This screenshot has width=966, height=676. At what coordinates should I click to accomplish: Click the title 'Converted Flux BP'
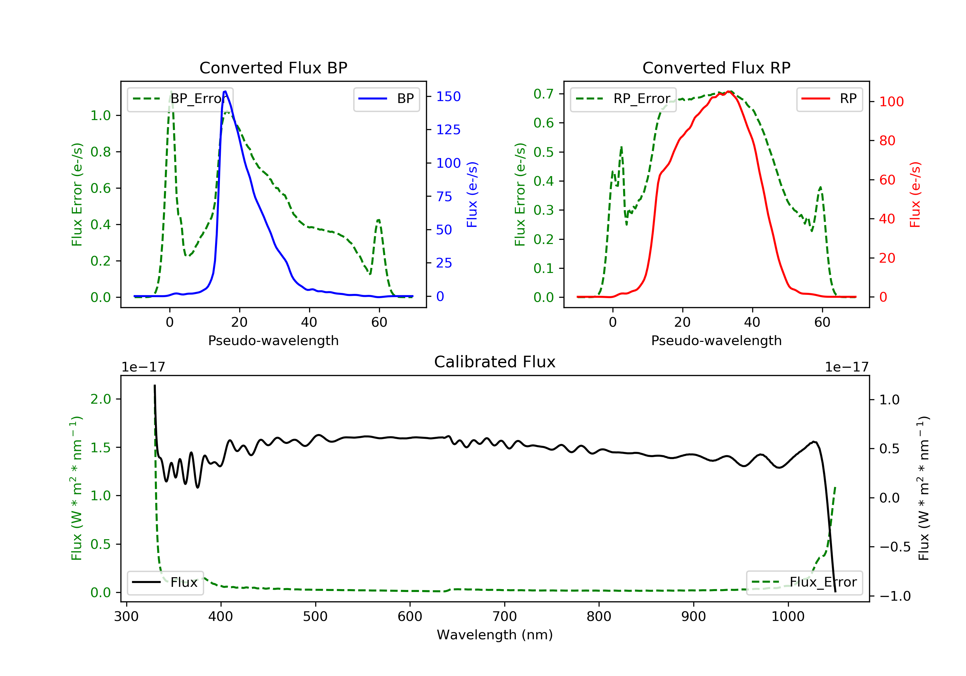tap(273, 68)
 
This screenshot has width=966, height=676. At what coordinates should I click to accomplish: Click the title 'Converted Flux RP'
tap(716, 68)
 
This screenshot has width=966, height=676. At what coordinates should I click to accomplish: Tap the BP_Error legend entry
tap(180, 99)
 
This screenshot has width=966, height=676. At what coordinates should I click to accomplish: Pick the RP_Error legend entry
tap(623, 99)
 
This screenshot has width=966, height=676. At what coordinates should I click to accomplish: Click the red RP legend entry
tap(829, 99)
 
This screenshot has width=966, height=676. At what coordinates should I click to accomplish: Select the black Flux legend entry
tap(166, 582)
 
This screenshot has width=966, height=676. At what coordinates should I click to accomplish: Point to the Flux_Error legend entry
tap(804, 582)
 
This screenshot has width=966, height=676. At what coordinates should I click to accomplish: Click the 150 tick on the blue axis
tap(448, 97)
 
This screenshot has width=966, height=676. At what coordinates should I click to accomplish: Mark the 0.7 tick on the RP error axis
tap(543, 94)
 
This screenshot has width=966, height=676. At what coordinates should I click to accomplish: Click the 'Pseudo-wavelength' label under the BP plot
tap(273, 340)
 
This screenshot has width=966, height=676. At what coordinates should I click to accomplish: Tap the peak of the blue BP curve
tap(225, 91)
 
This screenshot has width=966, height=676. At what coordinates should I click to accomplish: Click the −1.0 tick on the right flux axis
tap(895, 596)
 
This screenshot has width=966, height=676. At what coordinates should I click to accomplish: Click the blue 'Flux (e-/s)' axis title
tap(472, 194)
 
